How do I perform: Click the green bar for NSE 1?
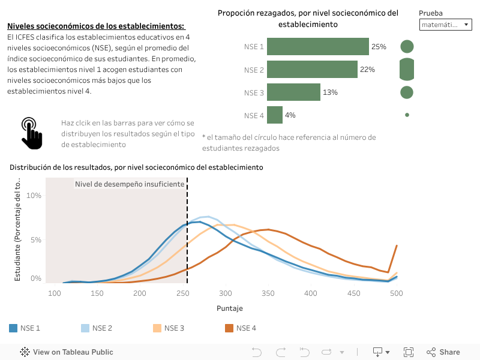click(318, 47)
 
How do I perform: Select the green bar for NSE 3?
click(293, 92)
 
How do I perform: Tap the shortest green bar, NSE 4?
click(275, 115)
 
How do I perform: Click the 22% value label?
click(367, 70)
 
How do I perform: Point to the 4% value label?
click(290, 115)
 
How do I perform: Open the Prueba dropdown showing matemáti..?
click(446, 25)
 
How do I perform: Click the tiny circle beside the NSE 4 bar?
click(407, 115)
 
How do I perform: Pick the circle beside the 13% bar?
click(407, 92)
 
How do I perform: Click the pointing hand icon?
click(32, 133)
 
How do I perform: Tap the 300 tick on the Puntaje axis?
click(226, 293)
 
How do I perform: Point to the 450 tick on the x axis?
click(353, 293)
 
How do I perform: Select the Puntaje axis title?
click(229, 308)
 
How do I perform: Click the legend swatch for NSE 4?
click(229, 328)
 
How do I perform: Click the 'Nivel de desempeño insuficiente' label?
click(129, 184)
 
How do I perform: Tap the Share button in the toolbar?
click(443, 352)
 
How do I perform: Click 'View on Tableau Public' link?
click(67, 352)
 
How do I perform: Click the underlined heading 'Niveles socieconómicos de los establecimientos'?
click(96, 26)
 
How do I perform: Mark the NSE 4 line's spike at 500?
click(397, 245)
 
